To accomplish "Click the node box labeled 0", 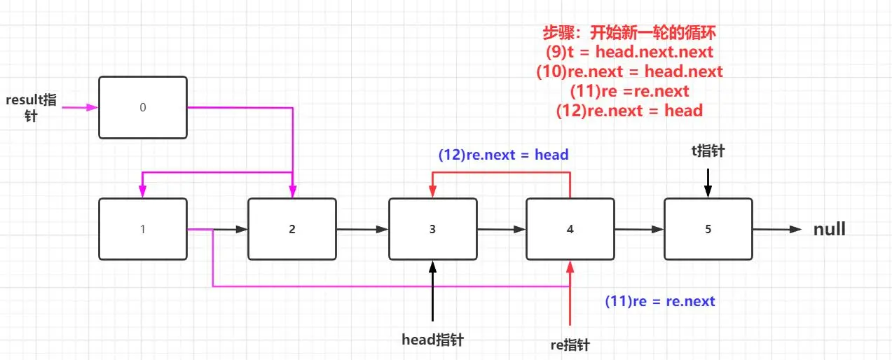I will tap(143, 107).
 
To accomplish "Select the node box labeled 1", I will tap(143, 229).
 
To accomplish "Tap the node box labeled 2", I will tap(292, 229).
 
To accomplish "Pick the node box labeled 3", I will tap(432, 229).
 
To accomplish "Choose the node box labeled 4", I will tap(570, 229).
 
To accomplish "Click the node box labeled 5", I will tap(708, 229).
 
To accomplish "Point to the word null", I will tap(829, 230).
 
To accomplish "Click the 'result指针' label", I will tap(31, 107).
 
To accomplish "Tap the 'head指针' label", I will tap(432, 340).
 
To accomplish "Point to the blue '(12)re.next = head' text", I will tap(503, 155).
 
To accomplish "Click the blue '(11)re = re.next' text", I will tap(659, 301).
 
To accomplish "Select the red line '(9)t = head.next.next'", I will tap(629, 51).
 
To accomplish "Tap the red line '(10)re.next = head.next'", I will tap(629, 71).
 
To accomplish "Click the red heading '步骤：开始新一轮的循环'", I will tap(629, 32).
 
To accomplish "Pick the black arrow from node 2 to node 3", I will tap(362, 229).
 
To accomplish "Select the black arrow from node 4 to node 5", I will tap(638, 229).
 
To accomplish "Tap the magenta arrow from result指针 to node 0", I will tap(79, 107).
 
